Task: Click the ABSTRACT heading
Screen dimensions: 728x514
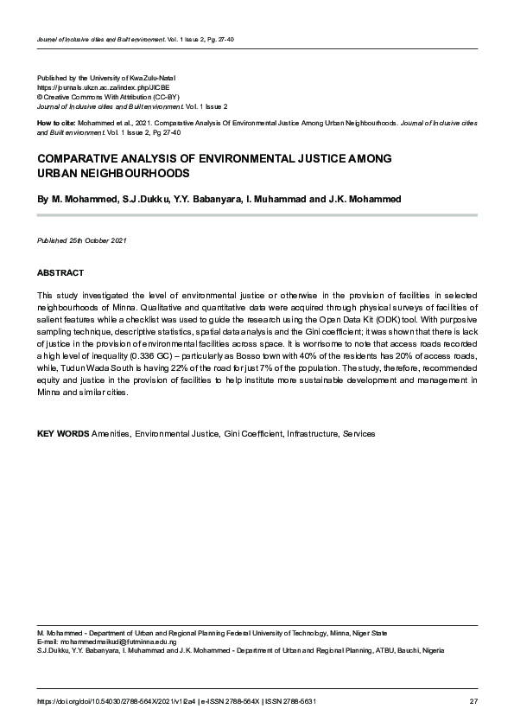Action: pos(60,272)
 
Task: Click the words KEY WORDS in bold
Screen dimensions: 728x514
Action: pos(62,433)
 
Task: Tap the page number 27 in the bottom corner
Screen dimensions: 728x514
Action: pos(473,700)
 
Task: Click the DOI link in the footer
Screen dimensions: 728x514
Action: pos(116,700)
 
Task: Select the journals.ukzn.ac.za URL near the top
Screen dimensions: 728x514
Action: pos(92,88)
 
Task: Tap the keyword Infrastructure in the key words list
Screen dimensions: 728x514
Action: pos(312,433)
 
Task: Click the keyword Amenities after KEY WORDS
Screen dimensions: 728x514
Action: pos(111,433)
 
